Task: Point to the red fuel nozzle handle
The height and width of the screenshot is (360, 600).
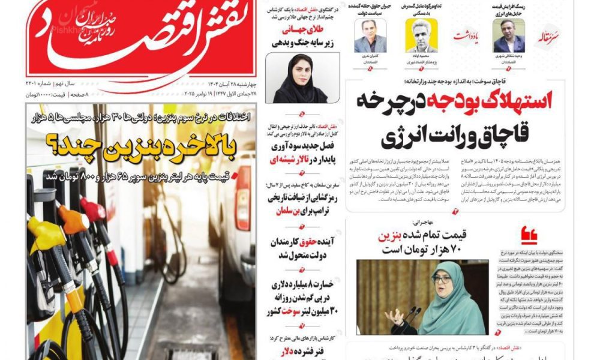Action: (x=94, y=211)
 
